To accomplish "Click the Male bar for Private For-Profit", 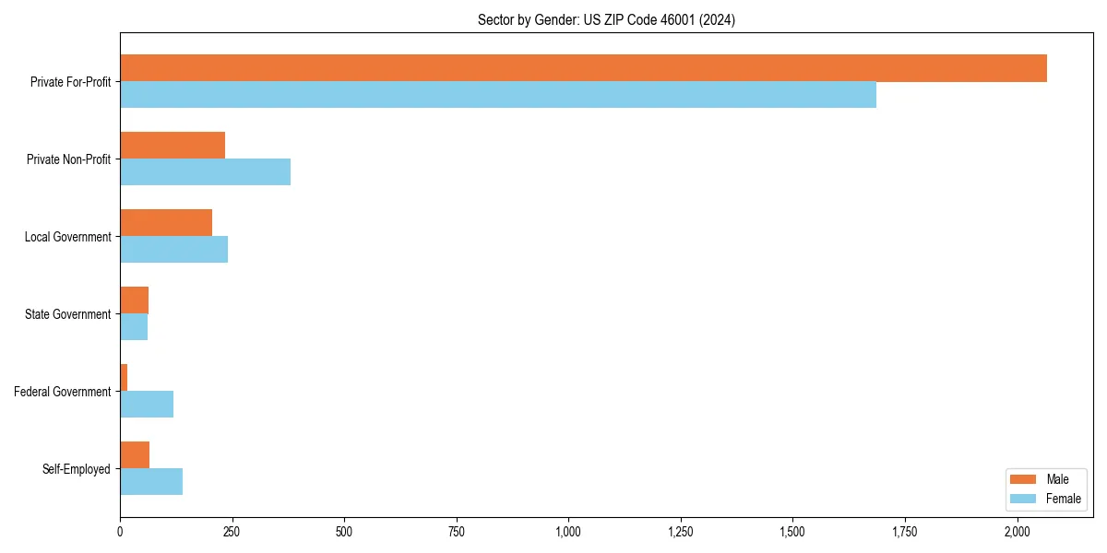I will click(583, 68).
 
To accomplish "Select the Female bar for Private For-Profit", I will click(498, 95).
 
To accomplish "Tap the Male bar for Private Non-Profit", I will click(173, 146).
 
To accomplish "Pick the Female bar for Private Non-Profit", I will click(205, 172).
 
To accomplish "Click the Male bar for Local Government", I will click(166, 223).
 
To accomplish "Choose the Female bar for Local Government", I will click(173, 250).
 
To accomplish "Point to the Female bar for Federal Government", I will click(147, 405).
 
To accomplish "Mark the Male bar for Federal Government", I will click(124, 378).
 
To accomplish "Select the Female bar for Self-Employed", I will click(151, 482).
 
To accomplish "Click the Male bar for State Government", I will click(134, 300).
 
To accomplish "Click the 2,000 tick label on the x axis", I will click(1017, 532).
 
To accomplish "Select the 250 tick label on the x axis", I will click(232, 532).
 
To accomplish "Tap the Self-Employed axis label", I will click(77, 469).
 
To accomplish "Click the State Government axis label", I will click(68, 314).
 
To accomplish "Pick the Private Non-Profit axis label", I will click(69, 159).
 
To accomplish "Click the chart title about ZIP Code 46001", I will click(606, 19).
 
